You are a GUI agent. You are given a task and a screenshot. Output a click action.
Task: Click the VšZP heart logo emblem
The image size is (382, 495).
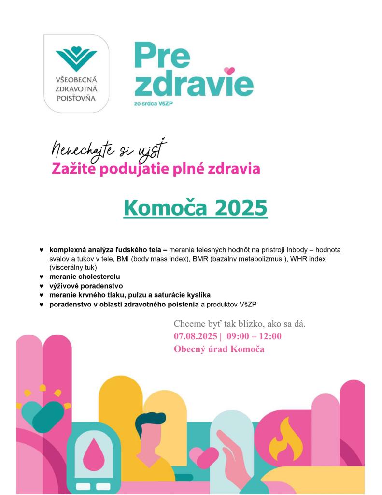coord(76,57)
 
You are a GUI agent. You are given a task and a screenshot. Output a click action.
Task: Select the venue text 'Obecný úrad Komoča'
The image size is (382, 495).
coord(219,349)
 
